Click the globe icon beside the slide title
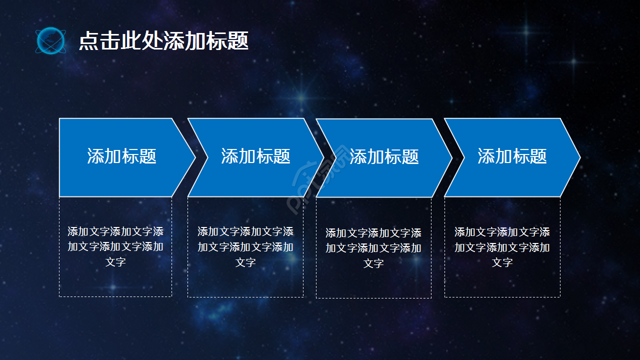tap(50, 40)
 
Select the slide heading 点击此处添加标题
tap(163, 41)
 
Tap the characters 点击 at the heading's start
tap(88, 41)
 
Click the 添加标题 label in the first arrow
tap(121, 156)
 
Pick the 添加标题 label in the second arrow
tap(255, 156)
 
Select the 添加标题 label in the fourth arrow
tap(512, 156)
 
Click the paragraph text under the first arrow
tap(115, 246)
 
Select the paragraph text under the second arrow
tap(245, 246)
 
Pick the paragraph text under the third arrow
tap(373, 248)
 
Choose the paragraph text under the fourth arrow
tap(502, 247)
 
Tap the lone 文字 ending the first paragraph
tap(115, 262)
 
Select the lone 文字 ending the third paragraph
tap(373, 263)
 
